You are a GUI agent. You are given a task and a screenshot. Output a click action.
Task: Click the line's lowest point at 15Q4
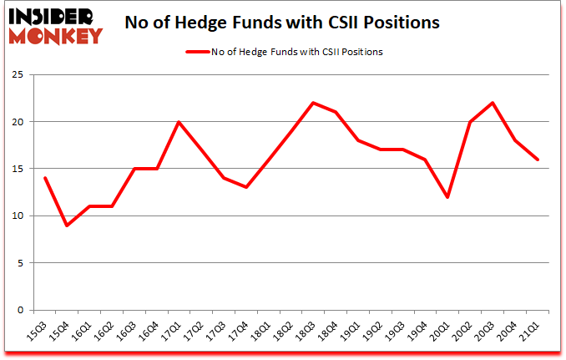tap(67, 226)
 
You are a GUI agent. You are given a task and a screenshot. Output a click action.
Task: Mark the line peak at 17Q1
tap(180, 122)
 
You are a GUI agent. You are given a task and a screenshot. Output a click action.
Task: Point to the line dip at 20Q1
tap(449, 197)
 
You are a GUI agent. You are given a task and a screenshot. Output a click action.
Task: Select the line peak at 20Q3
tap(494, 103)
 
